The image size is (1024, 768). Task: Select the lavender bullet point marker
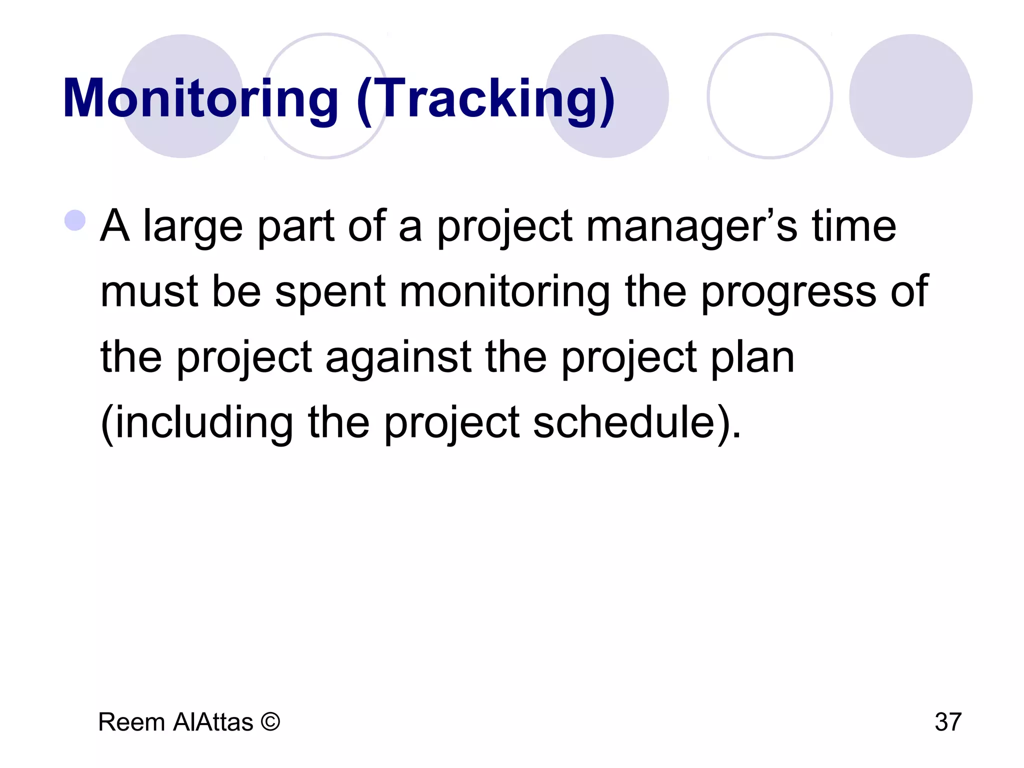click(75, 220)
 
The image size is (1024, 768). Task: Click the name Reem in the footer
click(131, 722)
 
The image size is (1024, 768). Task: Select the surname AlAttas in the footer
click(213, 722)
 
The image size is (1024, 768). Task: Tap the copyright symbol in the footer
click(270, 722)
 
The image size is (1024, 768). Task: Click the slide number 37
click(948, 722)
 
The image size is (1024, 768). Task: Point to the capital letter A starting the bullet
click(114, 226)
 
